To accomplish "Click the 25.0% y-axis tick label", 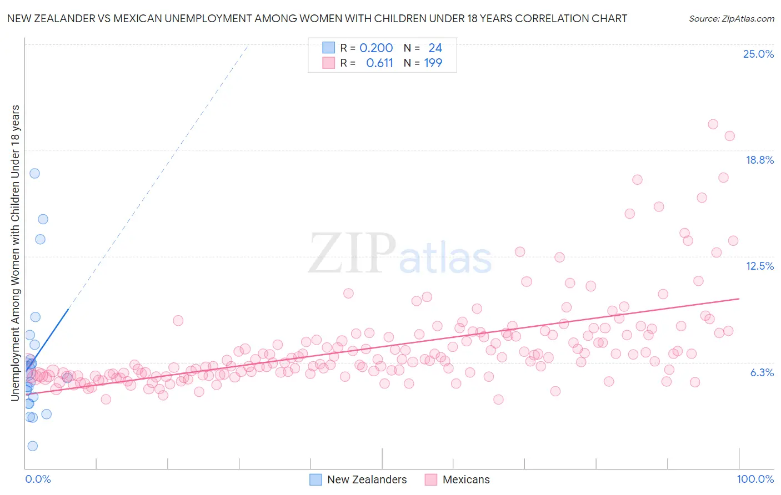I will coord(758,54).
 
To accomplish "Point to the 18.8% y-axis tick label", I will coord(759,160).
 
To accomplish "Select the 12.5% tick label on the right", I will coord(759,266).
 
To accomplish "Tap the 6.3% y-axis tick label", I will coord(762,372).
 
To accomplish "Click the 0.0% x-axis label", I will coord(38,479).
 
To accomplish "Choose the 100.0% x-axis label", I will coord(755,479).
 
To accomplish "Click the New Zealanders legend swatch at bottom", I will coord(316,479).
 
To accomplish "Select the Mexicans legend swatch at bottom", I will coord(431,479).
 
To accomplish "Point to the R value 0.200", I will coord(376,48).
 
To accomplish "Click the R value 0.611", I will coord(379,63).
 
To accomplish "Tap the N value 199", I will coord(433,63).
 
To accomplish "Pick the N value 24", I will coord(435,48).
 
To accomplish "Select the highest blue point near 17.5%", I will coord(34,173).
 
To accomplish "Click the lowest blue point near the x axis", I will coord(33,446).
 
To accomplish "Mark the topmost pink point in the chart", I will coord(713,124).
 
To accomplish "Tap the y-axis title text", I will coord(15,252).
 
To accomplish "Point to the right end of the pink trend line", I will coord(739,299).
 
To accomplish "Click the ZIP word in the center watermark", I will coord(352,254).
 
